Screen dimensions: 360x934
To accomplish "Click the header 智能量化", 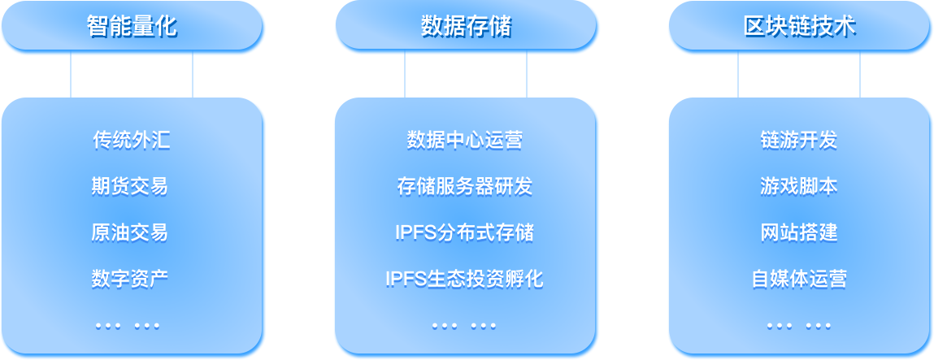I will click(132, 27).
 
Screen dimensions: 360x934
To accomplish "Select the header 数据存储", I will click(466, 27).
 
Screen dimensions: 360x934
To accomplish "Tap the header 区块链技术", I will click(800, 27).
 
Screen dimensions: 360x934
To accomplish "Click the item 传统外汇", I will click(132, 141).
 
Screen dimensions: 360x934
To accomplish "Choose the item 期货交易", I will click(130, 186).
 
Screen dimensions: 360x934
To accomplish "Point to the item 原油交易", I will click(130, 232).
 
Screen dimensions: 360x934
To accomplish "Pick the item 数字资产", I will click(130, 279).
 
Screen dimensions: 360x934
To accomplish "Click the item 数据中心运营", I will click(464, 141).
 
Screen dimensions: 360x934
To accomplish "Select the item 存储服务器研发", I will click(464, 186).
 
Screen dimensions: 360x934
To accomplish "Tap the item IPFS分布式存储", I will click(464, 232).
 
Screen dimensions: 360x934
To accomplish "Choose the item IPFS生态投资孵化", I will click(464, 279).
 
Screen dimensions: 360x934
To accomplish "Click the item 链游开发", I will click(798, 141).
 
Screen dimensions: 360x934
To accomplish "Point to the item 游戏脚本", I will click(798, 186).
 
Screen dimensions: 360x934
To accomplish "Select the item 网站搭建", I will click(798, 232).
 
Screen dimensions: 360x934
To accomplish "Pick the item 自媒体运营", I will click(798, 279).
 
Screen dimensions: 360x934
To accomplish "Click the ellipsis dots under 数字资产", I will click(128, 326).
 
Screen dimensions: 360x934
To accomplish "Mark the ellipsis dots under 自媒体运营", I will click(798, 326).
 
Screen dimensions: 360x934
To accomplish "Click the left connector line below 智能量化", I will click(71, 76).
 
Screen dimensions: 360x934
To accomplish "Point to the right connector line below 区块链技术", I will click(860, 76).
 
